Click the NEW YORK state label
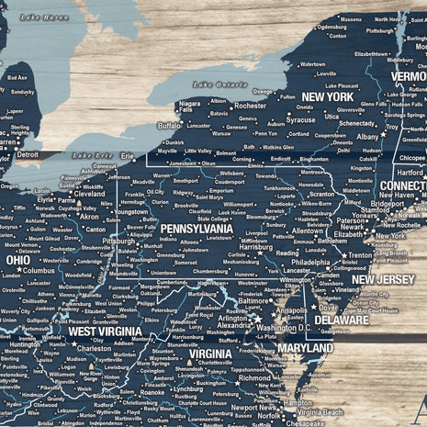pos(327,96)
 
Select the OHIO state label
pos(17,260)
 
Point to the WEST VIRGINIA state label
pos(106,331)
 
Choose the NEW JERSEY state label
pos(383,279)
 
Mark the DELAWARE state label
pos(343,320)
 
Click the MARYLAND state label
pos(305,349)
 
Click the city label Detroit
pos(28,154)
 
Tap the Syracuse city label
pos(300,119)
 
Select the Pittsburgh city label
pos(118,241)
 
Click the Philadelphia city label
pos(310,262)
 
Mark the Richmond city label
pos(254,377)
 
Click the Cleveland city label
pos(89,194)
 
